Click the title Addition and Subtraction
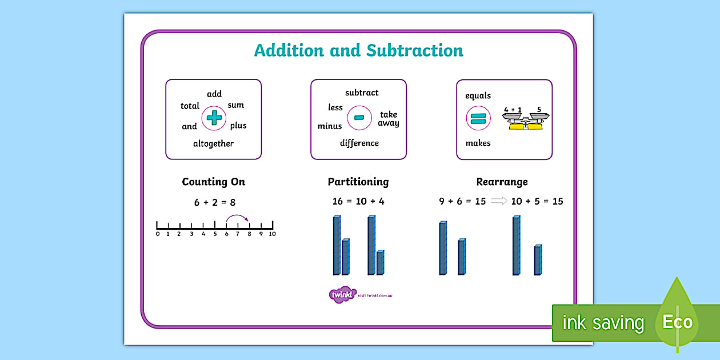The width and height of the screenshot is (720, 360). (358, 50)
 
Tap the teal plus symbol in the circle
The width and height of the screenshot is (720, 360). (214, 118)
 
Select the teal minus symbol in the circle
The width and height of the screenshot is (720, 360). (359, 118)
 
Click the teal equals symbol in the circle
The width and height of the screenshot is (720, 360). (478, 119)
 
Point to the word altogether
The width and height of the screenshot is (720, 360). (213, 144)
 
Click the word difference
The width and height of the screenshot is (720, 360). (359, 143)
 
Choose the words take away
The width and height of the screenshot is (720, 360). (389, 119)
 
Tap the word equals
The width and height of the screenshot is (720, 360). (478, 95)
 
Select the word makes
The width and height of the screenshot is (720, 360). (478, 143)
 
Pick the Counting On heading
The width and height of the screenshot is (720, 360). (213, 182)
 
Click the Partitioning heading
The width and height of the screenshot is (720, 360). (358, 182)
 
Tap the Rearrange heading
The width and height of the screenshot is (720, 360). (502, 182)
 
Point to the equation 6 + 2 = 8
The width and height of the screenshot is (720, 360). (215, 202)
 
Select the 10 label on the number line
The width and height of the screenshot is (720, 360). (272, 234)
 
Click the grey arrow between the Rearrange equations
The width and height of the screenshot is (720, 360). (499, 201)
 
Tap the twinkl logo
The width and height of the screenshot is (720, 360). (342, 295)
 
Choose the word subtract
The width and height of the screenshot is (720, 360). (362, 93)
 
